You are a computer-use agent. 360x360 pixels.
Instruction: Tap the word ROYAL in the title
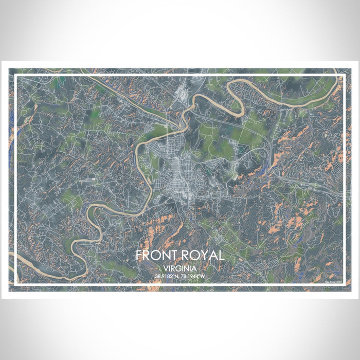(x=203, y=256)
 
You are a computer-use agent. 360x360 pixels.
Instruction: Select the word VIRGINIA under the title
(x=180, y=268)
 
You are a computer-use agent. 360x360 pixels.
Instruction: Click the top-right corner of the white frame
(x=344, y=76)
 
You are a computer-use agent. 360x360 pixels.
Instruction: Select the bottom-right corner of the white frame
(x=344, y=284)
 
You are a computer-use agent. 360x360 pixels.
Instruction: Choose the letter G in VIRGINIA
(x=178, y=268)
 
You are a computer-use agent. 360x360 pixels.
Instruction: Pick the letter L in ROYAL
(x=221, y=256)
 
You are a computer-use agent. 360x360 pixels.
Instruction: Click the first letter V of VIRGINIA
(x=166, y=268)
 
